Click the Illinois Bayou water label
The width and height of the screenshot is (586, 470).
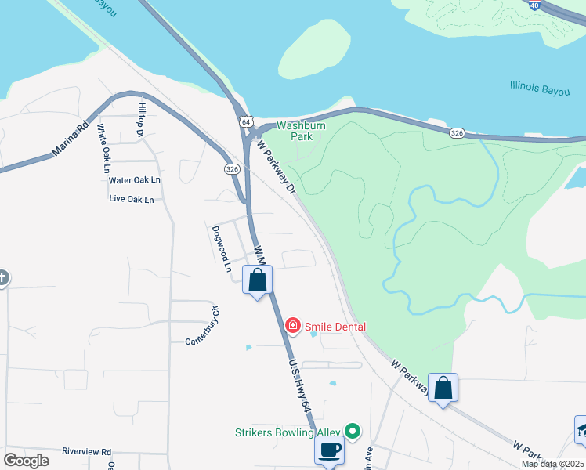[x=539, y=86]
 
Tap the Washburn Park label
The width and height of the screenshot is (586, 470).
[x=295, y=131]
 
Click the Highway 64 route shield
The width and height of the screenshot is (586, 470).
[x=246, y=122]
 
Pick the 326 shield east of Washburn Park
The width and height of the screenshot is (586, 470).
[x=458, y=134]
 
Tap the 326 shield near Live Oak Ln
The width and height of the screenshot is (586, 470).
[x=231, y=168]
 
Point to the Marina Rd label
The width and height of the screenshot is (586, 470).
[x=70, y=140]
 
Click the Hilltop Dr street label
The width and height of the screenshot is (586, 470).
[x=143, y=121]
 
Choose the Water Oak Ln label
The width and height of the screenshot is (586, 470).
[x=134, y=180]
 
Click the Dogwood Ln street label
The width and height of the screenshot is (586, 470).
[x=222, y=249]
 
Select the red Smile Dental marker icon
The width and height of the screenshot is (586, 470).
[x=292, y=325]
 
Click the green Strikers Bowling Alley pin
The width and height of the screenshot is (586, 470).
[x=353, y=430]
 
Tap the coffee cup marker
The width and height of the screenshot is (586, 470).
[x=329, y=450]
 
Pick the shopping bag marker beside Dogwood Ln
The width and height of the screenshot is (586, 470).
[x=258, y=280]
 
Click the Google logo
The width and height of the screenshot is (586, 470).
[x=26, y=461]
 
